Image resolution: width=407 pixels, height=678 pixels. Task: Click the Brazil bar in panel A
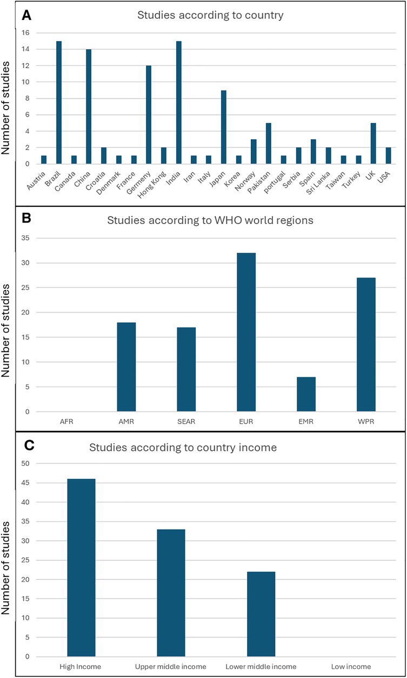59,102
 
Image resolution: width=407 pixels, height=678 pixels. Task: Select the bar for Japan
224,127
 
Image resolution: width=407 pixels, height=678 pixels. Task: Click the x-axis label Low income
351,667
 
